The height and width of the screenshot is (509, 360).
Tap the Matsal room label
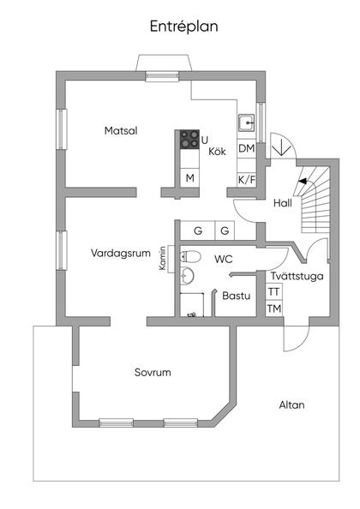121,131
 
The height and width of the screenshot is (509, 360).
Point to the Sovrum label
153,373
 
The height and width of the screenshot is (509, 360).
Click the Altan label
291,404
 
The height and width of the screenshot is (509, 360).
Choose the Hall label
282,204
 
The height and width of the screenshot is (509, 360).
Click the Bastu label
236,296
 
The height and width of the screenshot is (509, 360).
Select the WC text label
224,258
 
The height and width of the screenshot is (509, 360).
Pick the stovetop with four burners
189,140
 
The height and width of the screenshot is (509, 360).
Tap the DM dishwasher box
247,149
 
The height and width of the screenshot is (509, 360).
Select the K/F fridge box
247,179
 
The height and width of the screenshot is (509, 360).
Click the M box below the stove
189,178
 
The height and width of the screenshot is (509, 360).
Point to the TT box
273,292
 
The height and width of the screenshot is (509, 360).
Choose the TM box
273,308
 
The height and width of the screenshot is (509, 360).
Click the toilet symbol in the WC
191,256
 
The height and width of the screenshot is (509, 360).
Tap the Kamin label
162,260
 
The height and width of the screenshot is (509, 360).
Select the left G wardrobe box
198,231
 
